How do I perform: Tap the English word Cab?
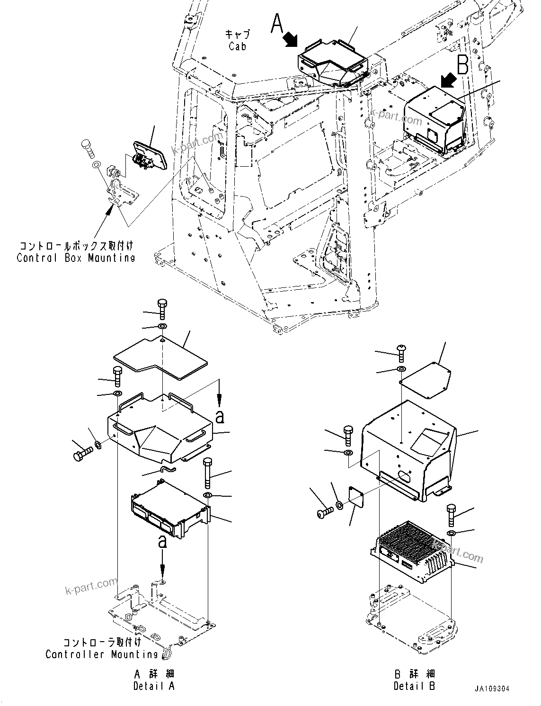[237, 46]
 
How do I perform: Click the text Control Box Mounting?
[76, 258]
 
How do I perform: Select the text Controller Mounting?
[102, 654]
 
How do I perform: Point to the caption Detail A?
[154, 686]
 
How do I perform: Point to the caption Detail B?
[414, 686]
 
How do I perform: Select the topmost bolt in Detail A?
[162, 310]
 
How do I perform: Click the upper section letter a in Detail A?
[220, 417]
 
